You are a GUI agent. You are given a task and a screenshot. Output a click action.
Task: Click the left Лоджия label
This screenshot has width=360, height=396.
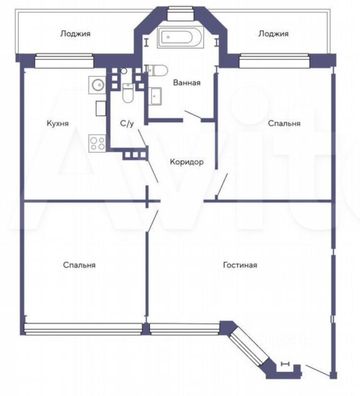75,34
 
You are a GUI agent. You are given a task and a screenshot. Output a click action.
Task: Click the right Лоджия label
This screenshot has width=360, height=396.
273,34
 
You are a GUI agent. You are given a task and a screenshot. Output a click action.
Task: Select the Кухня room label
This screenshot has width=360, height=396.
57,123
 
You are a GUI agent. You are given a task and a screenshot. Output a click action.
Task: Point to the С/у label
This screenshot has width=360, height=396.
126,123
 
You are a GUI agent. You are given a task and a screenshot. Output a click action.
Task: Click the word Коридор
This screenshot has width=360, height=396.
187,162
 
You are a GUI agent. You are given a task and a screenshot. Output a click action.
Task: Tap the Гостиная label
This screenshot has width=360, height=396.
240,265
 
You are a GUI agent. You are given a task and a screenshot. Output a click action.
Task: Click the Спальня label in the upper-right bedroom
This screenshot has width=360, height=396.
284,123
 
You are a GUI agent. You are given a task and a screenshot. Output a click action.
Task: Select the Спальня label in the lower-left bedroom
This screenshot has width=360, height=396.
79,265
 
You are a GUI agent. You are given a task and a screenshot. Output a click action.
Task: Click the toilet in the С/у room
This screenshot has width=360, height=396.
128,93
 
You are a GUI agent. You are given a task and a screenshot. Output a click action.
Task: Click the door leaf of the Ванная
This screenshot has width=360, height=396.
193,115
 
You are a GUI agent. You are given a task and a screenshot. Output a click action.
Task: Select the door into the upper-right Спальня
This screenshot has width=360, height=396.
222,184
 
